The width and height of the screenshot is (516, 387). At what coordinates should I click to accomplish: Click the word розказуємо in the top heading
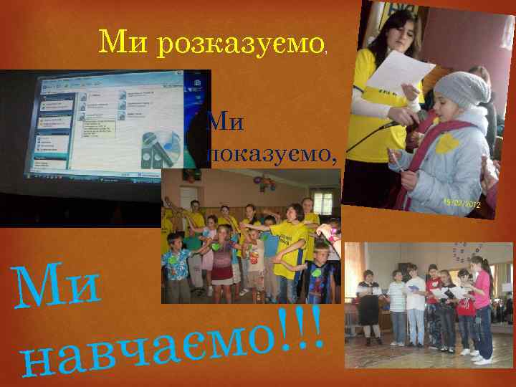click(x=242, y=44)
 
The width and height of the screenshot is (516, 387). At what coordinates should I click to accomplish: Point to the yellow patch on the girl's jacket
click(x=448, y=143)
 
